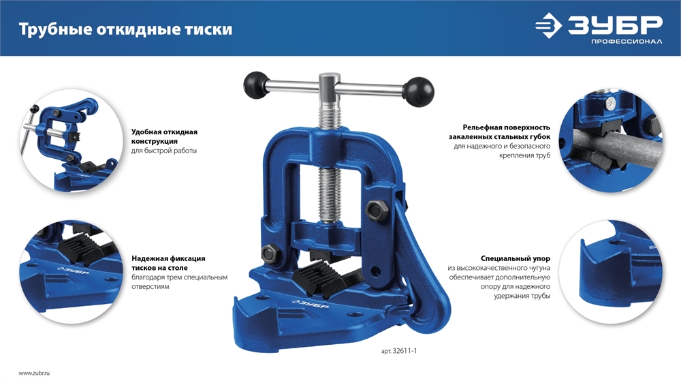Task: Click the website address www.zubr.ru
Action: coord(35,373)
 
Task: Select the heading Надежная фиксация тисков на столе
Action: coord(168,263)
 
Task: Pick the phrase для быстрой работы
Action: coord(163,151)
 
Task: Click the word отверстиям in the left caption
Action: coord(150,287)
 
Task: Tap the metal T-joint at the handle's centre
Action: coord(330,85)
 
